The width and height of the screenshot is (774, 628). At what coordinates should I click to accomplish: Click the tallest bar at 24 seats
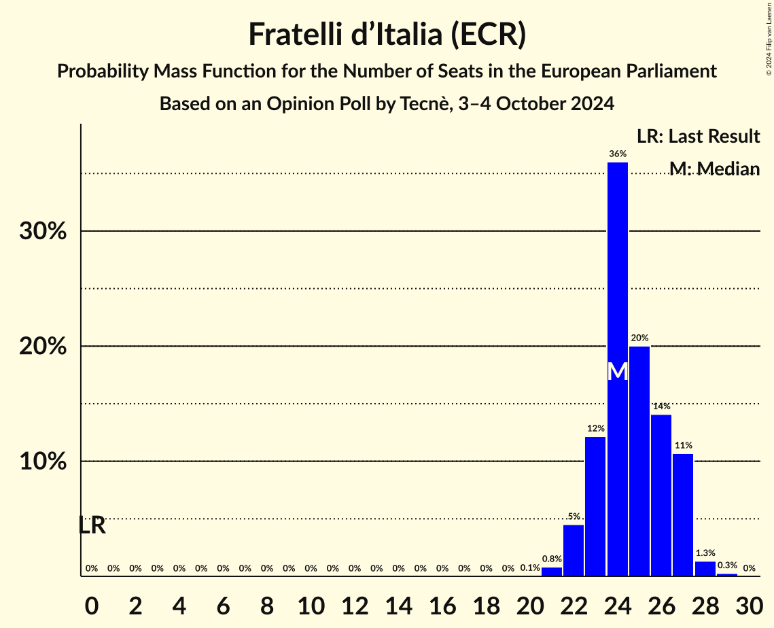tap(617, 272)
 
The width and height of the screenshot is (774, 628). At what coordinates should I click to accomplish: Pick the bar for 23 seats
tap(595, 506)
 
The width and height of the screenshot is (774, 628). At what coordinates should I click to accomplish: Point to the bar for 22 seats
tap(574, 551)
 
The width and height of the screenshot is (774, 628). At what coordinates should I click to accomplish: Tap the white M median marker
tap(617, 371)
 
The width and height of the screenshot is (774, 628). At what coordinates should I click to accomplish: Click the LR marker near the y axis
tap(92, 525)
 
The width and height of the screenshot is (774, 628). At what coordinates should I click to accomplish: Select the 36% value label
tap(617, 154)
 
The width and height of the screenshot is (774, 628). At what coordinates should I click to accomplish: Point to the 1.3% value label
tap(705, 553)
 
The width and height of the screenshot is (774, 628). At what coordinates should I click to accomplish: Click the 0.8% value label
tap(551, 559)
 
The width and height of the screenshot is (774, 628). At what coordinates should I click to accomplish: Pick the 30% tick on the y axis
tap(43, 231)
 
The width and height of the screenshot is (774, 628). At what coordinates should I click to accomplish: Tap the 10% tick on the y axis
tap(43, 461)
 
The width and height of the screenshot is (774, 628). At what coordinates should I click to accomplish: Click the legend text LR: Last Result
tap(698, 137)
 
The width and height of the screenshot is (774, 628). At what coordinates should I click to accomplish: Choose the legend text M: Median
tap(714, 169)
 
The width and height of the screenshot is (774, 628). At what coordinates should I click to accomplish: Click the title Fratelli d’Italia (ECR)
tap(387, 35)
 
